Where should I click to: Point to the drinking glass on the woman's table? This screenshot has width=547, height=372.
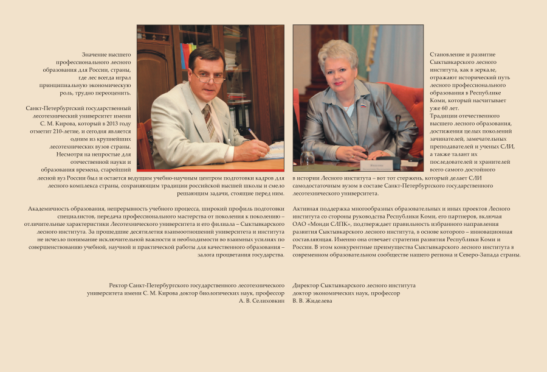tap(308, 158)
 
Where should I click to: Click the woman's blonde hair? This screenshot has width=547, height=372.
tap(338, 52)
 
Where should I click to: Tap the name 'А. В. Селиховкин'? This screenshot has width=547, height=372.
tap(261, 301)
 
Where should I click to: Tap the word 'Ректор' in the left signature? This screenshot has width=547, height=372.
tap(119, 285)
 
